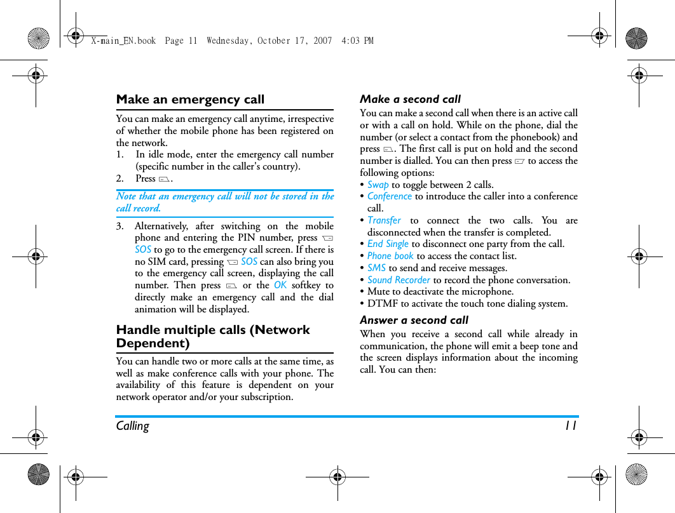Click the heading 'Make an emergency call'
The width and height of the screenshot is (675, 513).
click(190, 100)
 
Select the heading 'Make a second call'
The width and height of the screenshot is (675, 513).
click(410, 99)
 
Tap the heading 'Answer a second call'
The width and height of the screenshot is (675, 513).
click(414, 320)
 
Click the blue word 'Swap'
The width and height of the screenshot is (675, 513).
click(378, 185)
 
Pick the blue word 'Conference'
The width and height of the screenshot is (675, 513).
click(390, 196)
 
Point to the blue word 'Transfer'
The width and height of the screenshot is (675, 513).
click(384, 220)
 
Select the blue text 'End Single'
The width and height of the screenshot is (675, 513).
click(388, 244)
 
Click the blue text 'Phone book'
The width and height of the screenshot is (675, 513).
click(390, 256)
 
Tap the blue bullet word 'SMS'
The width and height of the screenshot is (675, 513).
click(376, 268)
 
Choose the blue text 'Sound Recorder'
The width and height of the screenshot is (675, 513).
click(399, 280)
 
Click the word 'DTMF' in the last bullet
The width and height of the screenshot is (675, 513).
click(381, 303)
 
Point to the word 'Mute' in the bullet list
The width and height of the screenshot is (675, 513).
click(379, 291)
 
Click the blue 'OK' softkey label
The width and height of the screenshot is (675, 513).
click(280, 285)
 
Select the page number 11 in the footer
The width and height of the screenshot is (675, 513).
click(570, 426)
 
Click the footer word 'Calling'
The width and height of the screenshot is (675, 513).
click(132, 426)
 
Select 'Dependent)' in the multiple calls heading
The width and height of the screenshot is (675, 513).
click(153, 343)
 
